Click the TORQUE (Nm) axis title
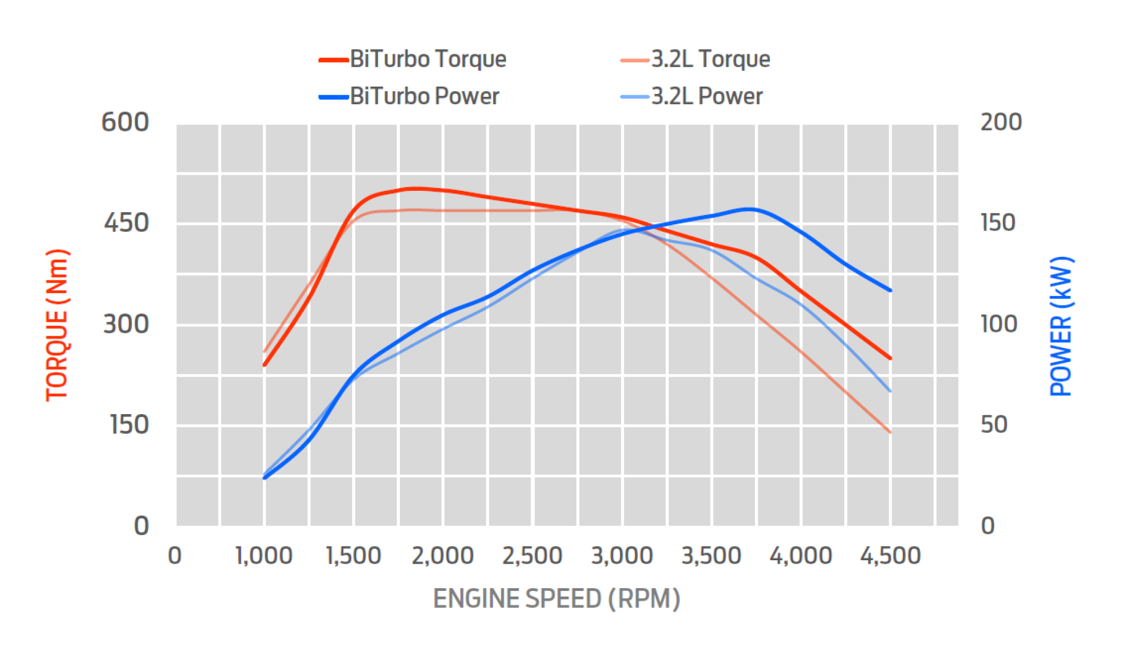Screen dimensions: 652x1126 [x=57, y=325]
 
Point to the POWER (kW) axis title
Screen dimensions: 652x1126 [x=1061, y=326]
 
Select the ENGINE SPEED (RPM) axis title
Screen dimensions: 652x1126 [x=556, y=598]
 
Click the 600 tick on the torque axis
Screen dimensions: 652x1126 [x=125, y=122]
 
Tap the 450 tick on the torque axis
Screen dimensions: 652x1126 [x=126, y=223]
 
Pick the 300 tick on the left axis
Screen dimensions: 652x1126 [x=126, y=324]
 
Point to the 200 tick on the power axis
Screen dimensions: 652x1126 [x=1001, y=122]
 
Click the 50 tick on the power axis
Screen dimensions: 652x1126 [x=994, y=425]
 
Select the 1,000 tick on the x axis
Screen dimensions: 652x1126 [x=264, y=556]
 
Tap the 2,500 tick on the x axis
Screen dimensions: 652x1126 [x=532, y=556]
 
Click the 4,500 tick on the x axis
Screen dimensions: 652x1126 [x=890, y=556]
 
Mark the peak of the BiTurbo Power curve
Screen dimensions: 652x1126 [x=749, y=209]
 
